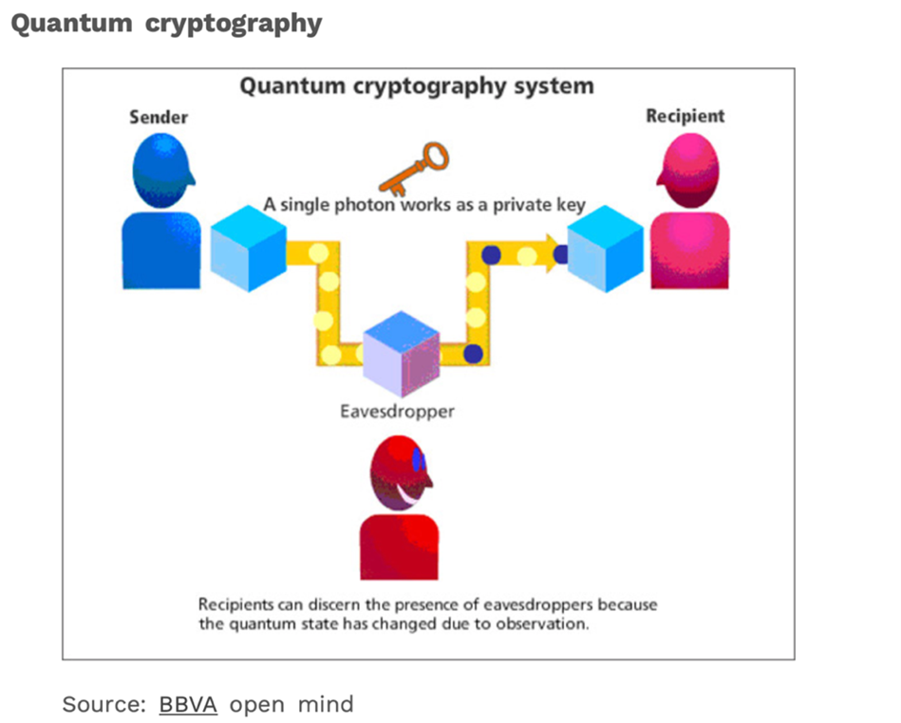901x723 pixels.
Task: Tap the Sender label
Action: click(159, 118)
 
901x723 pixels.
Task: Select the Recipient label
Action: click(685, 116)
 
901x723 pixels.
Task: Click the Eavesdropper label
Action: click(397, 412)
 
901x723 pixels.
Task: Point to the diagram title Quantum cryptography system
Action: click(417, 86)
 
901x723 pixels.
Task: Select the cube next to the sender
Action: click(248, 248)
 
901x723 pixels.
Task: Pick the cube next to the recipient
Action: click(606, 249)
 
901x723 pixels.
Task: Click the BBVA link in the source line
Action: click(188, 704)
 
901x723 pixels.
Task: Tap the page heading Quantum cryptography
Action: click(166, 24)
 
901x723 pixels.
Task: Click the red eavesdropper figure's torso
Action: click(399, 547)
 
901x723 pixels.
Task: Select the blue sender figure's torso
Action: click(161, 250)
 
